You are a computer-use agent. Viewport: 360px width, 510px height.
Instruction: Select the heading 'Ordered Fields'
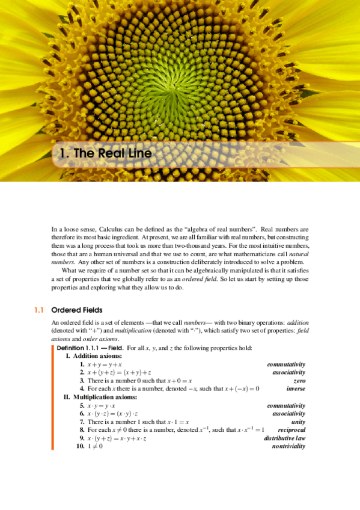point(77,310)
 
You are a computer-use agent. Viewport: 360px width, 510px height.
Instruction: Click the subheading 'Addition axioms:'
point(98,356)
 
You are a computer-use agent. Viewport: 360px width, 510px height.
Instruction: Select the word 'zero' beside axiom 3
point(299,381)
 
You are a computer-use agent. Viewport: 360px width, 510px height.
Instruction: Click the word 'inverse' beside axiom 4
point(295,389)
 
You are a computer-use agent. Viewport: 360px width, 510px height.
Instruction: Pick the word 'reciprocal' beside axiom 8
point(291,430)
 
